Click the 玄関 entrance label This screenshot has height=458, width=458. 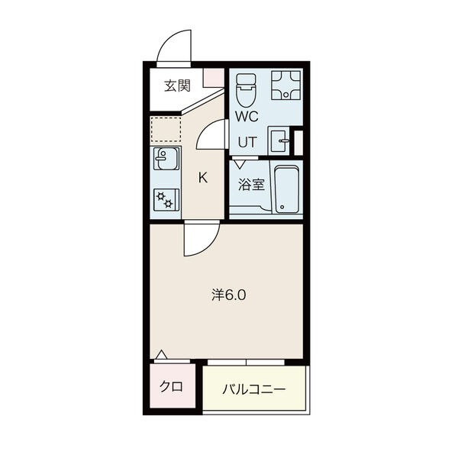tap(177, 85)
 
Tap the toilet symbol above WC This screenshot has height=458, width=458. tap(246, 89)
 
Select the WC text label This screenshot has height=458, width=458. tap(247, 116)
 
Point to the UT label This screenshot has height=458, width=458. tap(247, 142)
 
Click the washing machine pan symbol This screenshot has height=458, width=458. tap(286, 85)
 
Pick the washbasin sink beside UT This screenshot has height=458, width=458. tap(279, 140)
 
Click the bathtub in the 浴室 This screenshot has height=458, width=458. tap(286, 189)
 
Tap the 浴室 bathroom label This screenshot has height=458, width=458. tap(251, 184)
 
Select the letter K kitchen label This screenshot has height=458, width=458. tap(203, 177)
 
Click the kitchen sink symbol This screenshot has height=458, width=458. tap(166, 159)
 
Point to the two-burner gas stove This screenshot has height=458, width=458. tap(166, 199)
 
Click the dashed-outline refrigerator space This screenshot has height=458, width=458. tap(166, 130)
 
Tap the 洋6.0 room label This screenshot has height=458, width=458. tap(229, 295)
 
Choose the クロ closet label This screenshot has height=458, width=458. tap(171, 386)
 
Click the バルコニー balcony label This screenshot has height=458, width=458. tap(254, 389)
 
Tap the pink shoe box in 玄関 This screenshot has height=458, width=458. tap(214, 77)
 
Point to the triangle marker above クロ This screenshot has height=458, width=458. tap(161, 354)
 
